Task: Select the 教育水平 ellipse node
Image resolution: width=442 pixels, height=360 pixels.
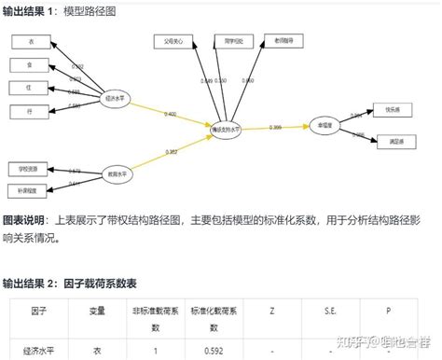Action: (x=117, y=173)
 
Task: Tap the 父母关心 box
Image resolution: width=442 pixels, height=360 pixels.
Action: (x=173, y=41)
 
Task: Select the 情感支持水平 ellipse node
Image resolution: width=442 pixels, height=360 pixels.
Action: (x=228, y=132)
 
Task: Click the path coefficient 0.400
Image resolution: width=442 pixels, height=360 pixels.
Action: (x=170, y=114)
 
